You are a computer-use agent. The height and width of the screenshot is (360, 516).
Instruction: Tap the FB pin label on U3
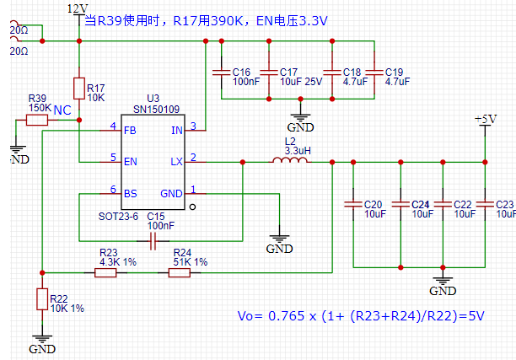tap(130, 130)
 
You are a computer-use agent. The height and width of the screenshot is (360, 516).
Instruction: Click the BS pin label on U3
tap(130, 193)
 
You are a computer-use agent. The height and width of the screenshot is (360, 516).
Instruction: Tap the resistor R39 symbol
tap(37, 121)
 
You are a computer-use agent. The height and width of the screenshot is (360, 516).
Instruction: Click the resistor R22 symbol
tap(41, 299)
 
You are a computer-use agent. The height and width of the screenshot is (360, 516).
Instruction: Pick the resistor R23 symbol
tap(105, 272)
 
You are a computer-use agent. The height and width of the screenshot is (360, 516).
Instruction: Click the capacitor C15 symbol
tap(153, 243)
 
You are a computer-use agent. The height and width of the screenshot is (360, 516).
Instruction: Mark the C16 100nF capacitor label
tap(245, 77)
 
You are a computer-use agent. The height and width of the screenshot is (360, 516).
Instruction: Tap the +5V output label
tap(486, 120)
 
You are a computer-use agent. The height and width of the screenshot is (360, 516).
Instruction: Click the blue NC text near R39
tap(62, 110)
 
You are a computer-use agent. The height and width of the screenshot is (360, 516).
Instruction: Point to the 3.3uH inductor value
tap(297, 150)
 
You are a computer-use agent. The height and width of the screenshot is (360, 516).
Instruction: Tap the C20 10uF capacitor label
tap(374, 209)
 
